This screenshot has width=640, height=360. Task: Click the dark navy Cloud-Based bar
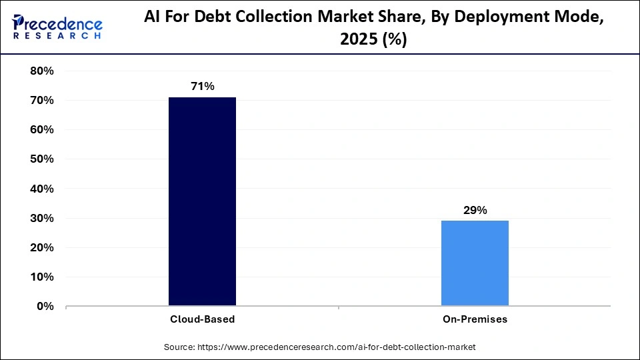(x=202, y=201)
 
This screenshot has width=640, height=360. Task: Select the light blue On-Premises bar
(x=475, y=263)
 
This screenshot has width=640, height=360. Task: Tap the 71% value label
(x=202, y=86)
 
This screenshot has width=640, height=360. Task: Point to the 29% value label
(x=475, y=210)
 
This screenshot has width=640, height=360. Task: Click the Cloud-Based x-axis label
(x=202, y=319)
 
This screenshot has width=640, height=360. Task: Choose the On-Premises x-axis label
(x=475, y=319)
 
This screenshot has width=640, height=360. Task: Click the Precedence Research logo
(x=57, y=27)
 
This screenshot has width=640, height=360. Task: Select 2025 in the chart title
(x=358, y=40)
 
